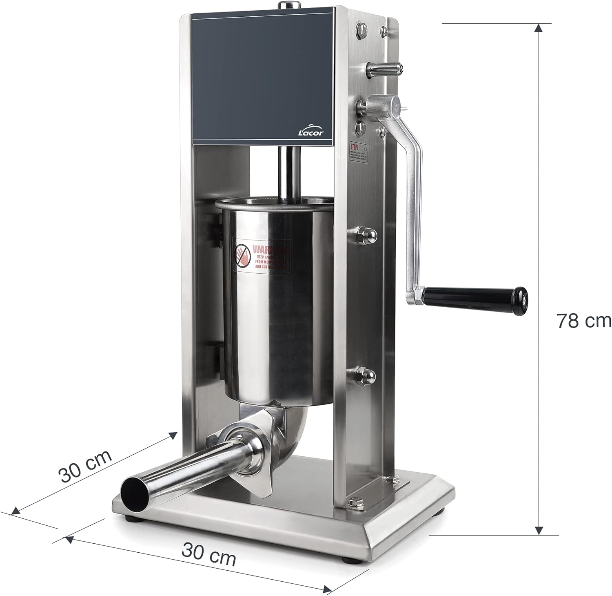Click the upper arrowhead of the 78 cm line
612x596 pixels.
coord(539,28)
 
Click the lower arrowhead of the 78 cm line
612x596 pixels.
coord(539,530)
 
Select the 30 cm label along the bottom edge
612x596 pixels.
coord(208,555)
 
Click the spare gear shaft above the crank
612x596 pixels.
coord(386,67)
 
